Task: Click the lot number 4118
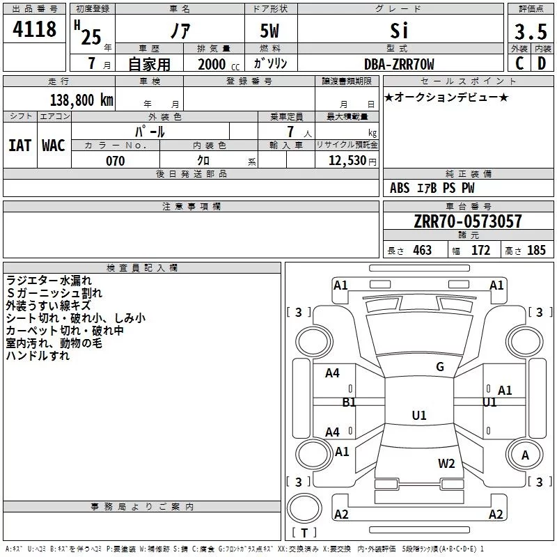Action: pos(36,30)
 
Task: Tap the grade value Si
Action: pos(399,31)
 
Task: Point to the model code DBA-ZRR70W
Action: pos(399,64)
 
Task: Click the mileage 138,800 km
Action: pos(81,100)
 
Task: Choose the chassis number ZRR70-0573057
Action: pos(468,221)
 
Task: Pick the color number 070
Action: pos(115,161)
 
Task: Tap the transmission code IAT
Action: pos(19,145)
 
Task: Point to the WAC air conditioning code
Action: pos(53,145)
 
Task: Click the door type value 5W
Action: pos(270,31)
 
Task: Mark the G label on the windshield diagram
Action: pos(439,367)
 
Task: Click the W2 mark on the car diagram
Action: pos(446,463)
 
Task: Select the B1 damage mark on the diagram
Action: pos(349,402)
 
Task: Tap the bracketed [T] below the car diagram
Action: pos(304,533)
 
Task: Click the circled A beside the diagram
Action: pos(525,455)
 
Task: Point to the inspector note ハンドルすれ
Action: pos(38,356)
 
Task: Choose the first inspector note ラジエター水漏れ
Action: pos(49,281)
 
